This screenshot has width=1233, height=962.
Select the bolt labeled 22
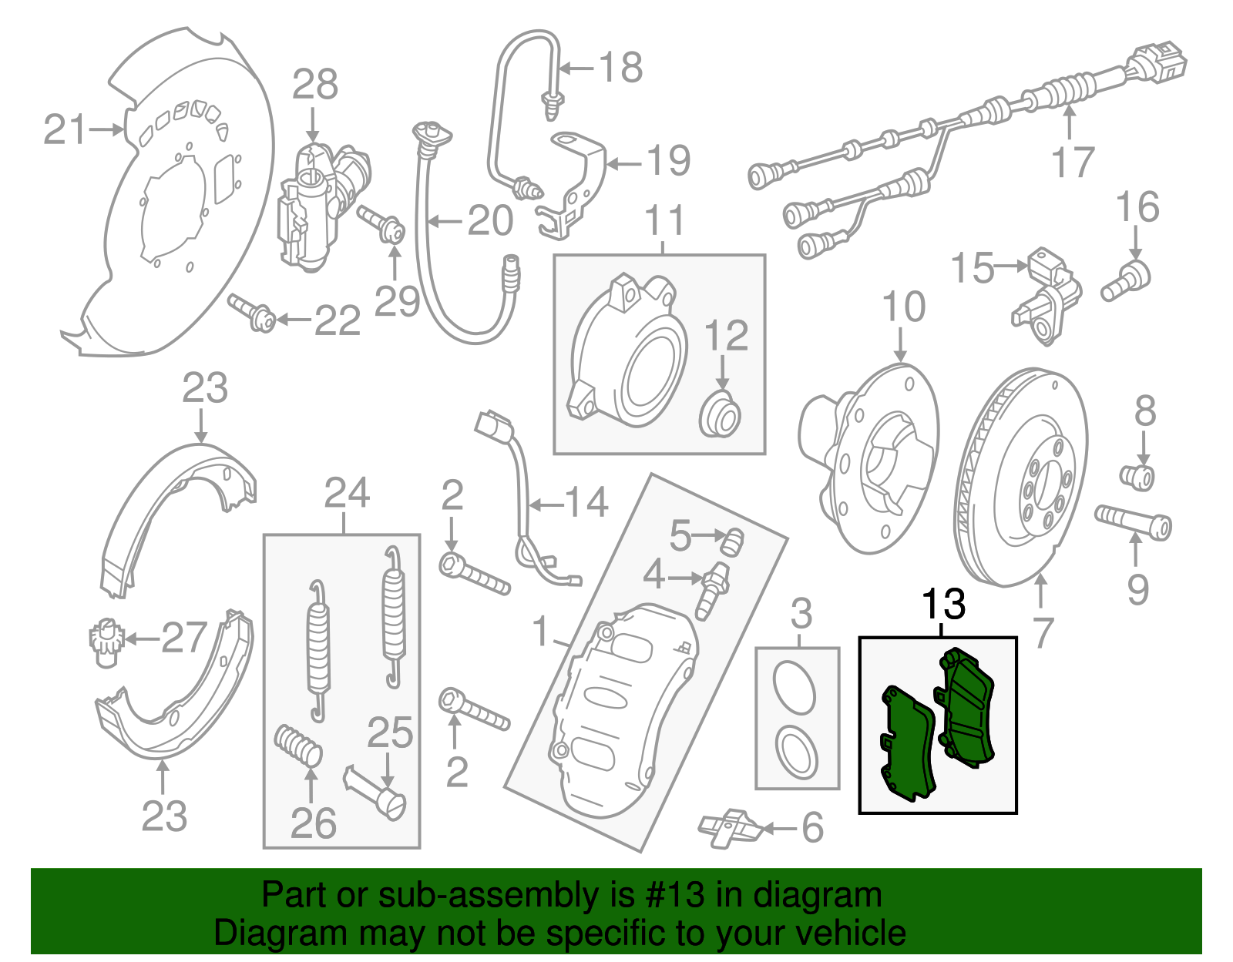252,312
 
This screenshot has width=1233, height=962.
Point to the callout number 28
314,85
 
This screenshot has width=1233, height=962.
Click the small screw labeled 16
1127,281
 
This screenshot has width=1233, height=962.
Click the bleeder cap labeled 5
731,542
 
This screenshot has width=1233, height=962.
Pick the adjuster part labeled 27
102,641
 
